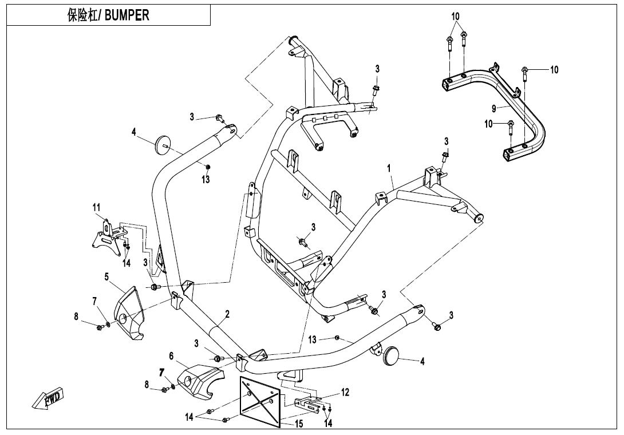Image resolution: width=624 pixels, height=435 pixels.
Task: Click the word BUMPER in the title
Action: [127, 15]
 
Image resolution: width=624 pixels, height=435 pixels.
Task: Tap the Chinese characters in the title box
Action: [81, 15]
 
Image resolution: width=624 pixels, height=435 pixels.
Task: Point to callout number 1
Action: [389, 168]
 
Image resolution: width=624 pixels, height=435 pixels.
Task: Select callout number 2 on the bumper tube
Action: [227, 314]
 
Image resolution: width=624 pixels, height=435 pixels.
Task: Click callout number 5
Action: [106, 276]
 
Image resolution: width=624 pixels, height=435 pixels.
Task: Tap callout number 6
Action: [171, 356]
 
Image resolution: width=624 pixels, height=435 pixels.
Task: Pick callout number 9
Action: [493, 108]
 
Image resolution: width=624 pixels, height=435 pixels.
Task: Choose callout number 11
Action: [97, 207]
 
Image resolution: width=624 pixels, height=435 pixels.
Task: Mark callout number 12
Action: [345, 392]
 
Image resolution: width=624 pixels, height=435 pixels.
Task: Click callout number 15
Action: [298, 424]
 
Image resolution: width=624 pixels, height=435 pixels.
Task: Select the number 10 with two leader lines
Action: [455, 16]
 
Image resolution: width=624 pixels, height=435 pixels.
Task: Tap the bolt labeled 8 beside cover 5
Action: [100, 327]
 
